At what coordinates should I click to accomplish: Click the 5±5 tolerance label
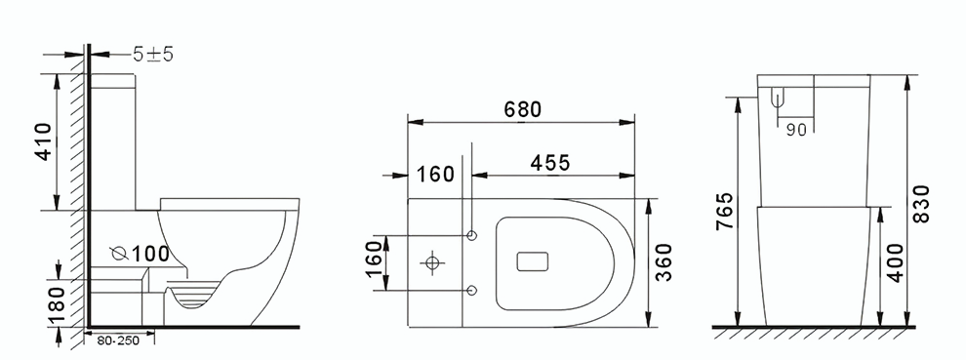point(154,55)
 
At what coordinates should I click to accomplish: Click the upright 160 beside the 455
point(435,175)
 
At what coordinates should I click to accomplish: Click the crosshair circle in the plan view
point(430,262)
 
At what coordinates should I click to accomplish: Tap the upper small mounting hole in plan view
point(473,236)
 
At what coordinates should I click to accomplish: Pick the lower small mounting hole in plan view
point(473,289)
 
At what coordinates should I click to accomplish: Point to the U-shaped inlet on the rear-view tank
point(778,97)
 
